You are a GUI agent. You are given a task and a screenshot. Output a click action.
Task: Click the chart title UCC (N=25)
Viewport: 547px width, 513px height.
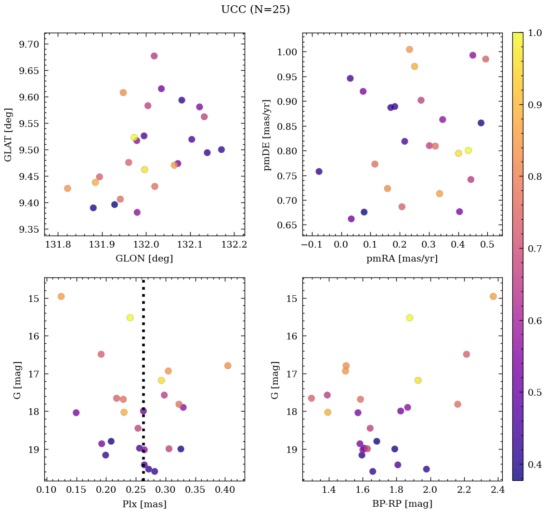(x=255, y=10)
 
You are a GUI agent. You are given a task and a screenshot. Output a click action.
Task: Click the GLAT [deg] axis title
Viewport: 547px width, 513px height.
(x=8, y=135)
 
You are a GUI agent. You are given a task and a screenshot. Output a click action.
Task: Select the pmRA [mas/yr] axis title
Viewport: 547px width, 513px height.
(x=402, y=259)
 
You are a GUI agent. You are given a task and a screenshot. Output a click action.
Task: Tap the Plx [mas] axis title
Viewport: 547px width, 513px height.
(x=144, y=504)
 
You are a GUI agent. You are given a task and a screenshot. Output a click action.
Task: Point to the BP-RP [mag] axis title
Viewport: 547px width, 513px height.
(x=402, y=504)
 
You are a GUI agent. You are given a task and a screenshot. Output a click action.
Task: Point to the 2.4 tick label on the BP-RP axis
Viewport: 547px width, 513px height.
(x=498, y=491)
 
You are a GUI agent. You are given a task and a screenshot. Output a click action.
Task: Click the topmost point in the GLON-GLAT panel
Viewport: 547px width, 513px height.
(x=154, y=56)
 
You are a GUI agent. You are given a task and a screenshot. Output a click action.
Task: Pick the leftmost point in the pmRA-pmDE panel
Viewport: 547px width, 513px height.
(x=319, y=172)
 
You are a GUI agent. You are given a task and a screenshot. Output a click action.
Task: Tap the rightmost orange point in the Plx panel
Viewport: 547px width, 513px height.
(x=228, y=366)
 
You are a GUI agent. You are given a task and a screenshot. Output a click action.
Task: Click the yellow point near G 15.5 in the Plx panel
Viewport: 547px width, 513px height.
(x=130, y=318)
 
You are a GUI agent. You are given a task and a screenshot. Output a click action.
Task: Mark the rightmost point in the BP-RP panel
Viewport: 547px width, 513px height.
(x=493, y=297)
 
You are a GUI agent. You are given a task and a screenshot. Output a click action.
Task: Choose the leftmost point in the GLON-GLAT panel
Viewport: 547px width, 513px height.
(x=67, y=188)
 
